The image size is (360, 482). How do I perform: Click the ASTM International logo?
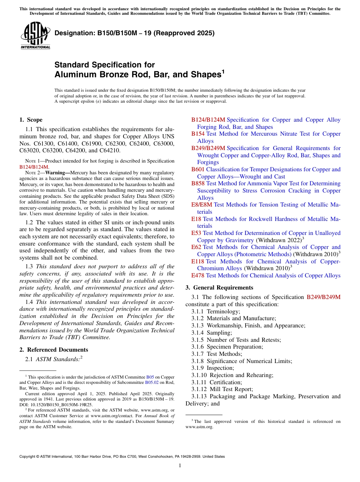click(x=35, y=36)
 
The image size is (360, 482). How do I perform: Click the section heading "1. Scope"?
click(x=31, y=120)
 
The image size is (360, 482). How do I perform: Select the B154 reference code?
click(x=198, y=134)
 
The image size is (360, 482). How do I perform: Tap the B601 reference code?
click(x=198, y=169)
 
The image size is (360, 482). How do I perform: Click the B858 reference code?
click(x=198, y=183)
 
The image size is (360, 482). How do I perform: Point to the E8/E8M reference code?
click(x=202, y=205)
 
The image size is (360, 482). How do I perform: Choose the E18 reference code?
click(x=196, y=219)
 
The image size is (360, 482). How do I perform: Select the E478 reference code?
click(x=198, y=275)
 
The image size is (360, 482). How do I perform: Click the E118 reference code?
click(x=198, y=261)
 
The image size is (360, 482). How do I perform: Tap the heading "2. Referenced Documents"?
click(x=53, y=350)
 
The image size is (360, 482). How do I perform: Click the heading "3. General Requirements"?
click(x=219, y=288)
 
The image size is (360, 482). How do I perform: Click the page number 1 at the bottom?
click(x=180, y=466)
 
